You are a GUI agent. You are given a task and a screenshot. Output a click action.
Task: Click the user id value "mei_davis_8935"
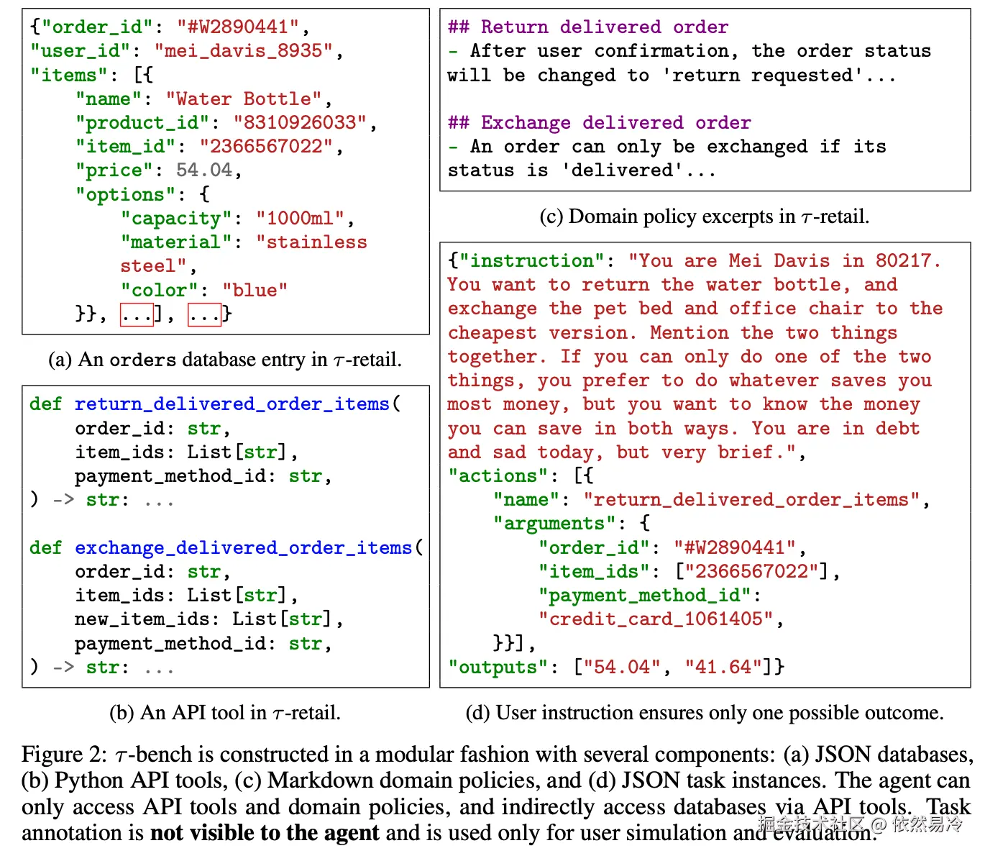click(244, 51)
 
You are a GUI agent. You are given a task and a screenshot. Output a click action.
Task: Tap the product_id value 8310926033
click(300, 122)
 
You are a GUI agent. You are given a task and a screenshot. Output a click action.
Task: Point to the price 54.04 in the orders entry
click(204, 170)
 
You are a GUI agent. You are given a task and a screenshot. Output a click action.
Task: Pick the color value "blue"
click(255, 290)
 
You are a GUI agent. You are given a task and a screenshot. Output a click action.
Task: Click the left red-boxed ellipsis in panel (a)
click(137, 314)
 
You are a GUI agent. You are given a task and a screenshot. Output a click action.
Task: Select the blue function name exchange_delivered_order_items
click(244, 548)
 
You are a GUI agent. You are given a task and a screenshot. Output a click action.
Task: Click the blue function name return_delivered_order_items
click(232, 404)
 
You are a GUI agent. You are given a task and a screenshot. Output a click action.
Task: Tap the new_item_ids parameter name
click(142, 619)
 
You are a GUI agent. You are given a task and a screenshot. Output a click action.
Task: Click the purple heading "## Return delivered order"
click(587, 27)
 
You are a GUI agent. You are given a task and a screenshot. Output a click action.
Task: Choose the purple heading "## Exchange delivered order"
click(599, 123)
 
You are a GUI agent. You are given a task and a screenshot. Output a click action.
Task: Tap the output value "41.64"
click(723, 667)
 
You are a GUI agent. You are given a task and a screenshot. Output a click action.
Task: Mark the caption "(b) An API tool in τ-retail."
click(225, 713)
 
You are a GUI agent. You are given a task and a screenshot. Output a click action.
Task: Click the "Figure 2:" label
click(63, 755)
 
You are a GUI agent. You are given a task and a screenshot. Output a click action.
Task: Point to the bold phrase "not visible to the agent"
click(264, 833)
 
